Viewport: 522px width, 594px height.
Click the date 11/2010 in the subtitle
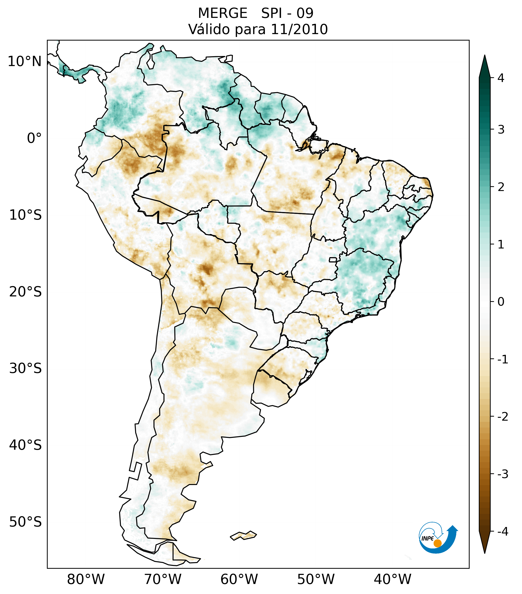299,29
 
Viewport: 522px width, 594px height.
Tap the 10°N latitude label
25,62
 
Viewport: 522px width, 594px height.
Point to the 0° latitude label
34,138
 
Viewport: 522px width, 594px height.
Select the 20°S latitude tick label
25,292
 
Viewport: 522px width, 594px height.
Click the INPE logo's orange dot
437,543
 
